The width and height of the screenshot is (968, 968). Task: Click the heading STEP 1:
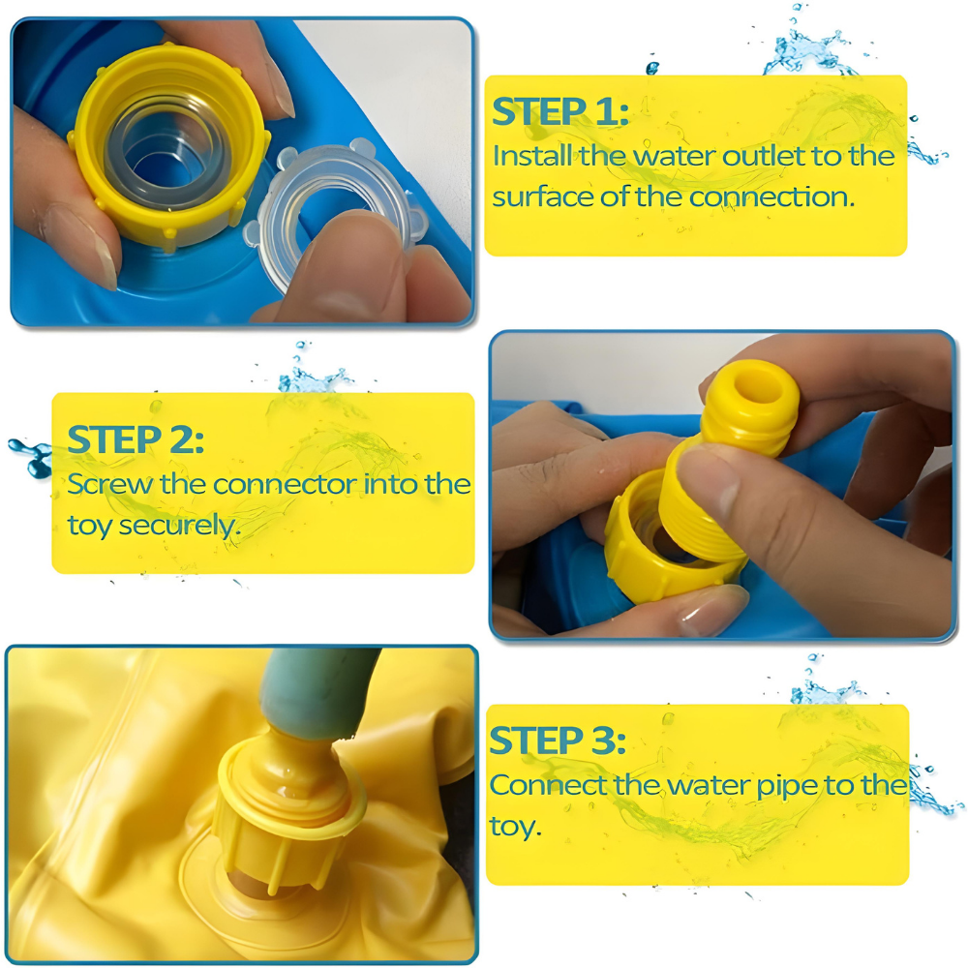[x=560, y=111]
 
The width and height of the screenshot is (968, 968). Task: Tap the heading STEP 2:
[x=136, y=439]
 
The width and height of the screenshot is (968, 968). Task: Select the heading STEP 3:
[x=558, y=741]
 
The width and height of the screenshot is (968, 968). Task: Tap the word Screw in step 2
[x=110, y=484]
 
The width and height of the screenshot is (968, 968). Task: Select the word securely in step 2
[x=179, y=526]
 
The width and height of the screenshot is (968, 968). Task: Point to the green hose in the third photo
[x=315, y=690]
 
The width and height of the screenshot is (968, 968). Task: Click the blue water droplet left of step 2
[x=30, y=457]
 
